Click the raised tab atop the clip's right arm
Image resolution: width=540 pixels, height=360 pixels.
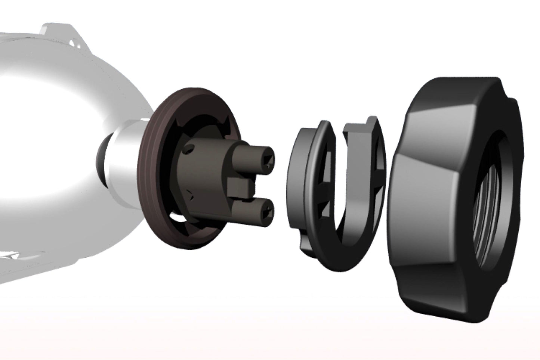click(370, 121)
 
